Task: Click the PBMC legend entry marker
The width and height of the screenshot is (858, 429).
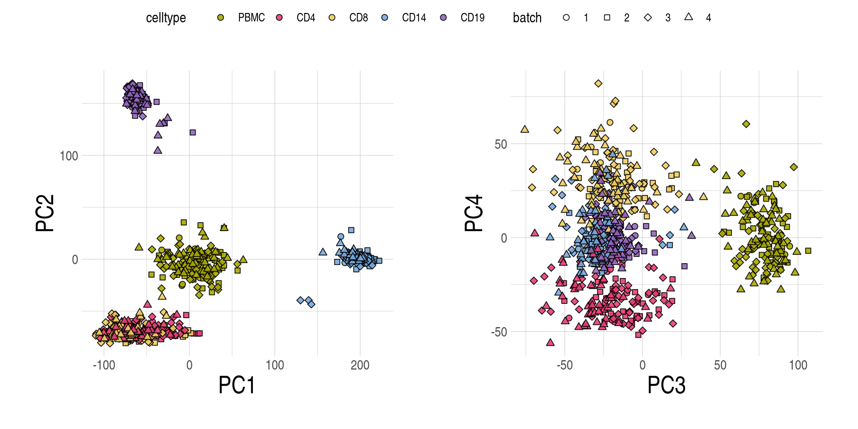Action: (x=220, y=17)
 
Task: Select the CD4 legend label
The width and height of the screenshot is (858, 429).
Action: (x=306, y=17)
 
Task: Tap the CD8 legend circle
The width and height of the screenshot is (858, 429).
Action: (x=332, y=17)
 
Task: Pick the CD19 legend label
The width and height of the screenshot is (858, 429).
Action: (x=472, y=17)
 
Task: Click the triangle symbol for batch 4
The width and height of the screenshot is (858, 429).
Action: (x=689, y=17)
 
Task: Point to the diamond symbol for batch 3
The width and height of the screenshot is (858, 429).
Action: (x=648, y=17)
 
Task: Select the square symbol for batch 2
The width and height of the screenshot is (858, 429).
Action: (x=607, y=17)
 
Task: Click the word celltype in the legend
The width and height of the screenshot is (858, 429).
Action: (x=166, y=18)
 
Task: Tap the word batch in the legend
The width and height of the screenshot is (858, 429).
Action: (x=527, y=18)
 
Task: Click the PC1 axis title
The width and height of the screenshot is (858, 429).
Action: (x=236, y=385)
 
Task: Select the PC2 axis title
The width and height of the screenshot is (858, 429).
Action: (x=45, y=213)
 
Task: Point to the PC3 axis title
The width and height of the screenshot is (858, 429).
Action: (x=666, y=385)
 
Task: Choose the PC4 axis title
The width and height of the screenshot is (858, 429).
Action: (x=474, y=213)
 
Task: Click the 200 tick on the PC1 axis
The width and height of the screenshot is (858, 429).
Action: (x=360, y=365)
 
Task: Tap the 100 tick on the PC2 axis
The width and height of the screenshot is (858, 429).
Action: (x=69, y=156)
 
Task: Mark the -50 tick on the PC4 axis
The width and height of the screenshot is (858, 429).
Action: (x=499, y=332)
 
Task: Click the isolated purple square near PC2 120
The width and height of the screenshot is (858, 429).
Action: (x=193, y=132)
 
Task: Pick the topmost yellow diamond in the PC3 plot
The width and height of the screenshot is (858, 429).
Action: (x=598, y=84)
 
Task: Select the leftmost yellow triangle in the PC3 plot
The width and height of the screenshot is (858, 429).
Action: (x=525, y=129)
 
